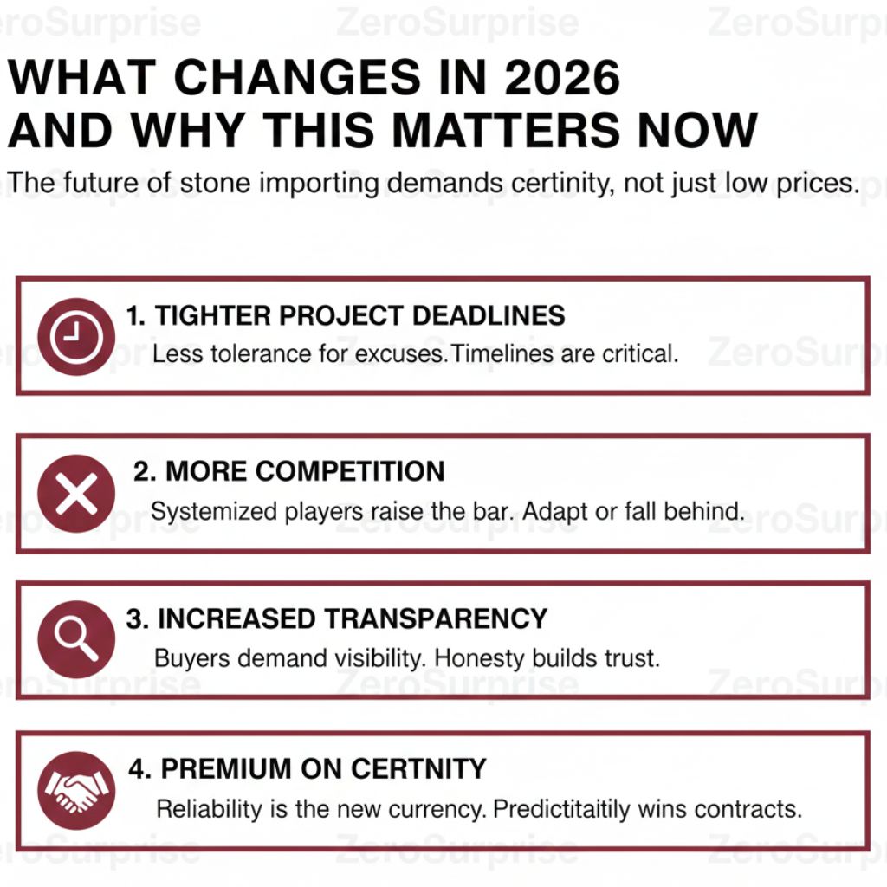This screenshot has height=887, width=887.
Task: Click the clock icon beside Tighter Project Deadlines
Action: click(76, 336)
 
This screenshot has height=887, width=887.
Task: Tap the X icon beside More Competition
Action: click(76, 494)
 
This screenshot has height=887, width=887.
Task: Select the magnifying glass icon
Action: click(76, 639)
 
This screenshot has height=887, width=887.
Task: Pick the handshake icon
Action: click(76, 790)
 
